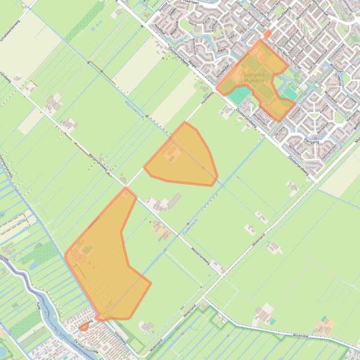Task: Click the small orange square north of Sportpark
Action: point(267,34)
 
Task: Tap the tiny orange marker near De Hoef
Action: point(84,327)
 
